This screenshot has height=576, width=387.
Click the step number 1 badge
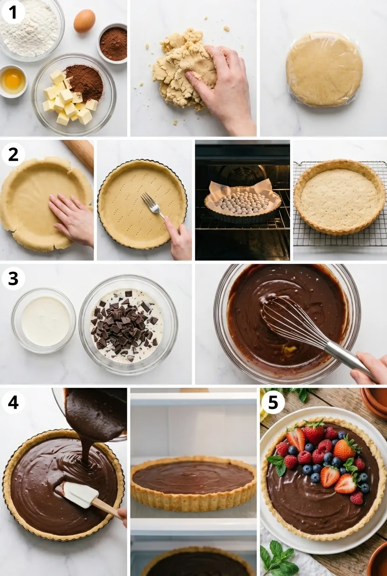tap(13, 12)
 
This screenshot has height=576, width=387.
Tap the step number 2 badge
tap(13, 155)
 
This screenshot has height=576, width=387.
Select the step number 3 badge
tap(13, 278)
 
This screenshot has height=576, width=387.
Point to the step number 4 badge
tap(13, 402)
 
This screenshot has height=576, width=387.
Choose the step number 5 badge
tap(273, 402)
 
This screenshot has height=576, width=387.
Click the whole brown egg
tap(84, 21)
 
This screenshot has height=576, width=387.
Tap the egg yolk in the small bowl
tap(13, 80)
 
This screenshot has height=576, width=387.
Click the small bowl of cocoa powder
tap(113, 43)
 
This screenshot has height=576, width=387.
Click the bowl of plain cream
tap(43, 320)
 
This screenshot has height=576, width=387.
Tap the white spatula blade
tap(81, 494)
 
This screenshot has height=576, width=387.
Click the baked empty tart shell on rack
tap(340, 197)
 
